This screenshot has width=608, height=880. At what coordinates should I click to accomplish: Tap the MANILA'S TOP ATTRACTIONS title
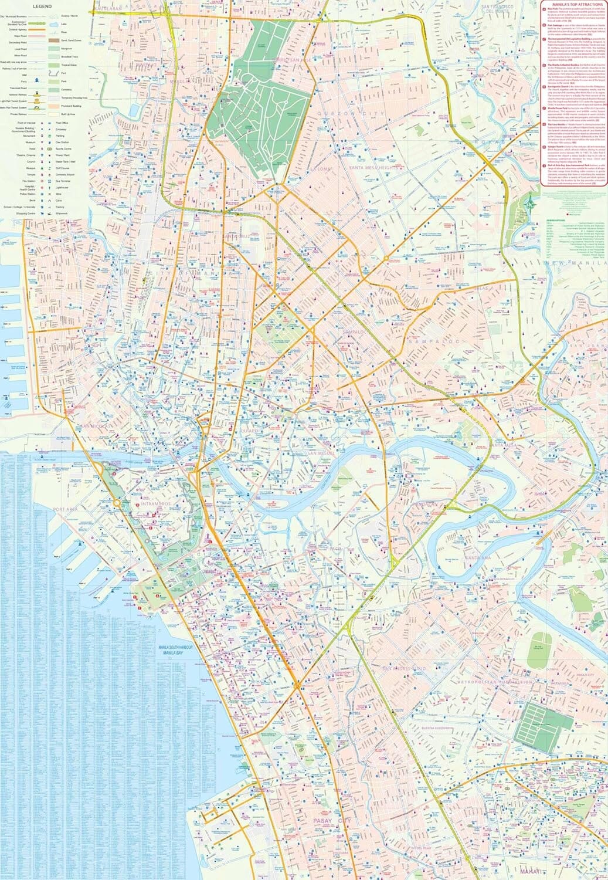click(x=573, y=4)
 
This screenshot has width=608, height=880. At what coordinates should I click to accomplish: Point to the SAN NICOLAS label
click(x=96, y=427)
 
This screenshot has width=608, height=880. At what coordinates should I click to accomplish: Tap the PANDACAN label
click(x=425, y=504)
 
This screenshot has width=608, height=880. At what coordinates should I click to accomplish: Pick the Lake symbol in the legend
click(x=53, y=24)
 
